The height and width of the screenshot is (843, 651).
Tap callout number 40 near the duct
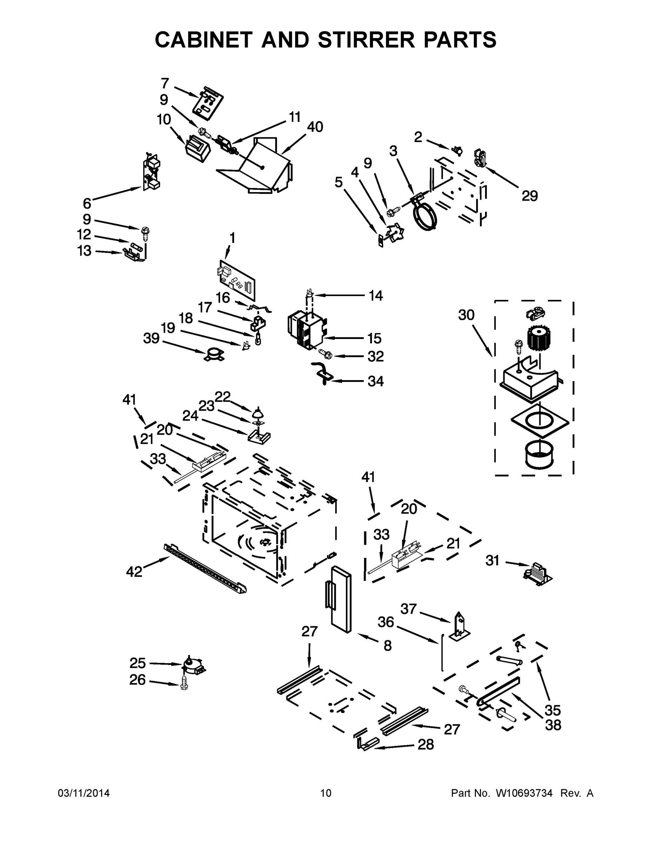(315, 127)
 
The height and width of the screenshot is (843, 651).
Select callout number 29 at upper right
(530, 196)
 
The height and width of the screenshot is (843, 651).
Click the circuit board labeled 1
(237, 280)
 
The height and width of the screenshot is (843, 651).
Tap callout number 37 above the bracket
(408, 609)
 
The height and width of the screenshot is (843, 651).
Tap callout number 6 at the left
(87, 203)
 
